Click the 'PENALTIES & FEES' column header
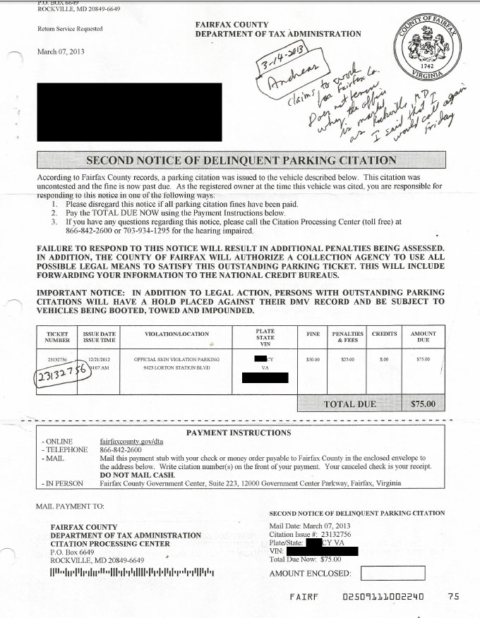pos(347,337)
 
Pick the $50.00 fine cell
pos(313,359)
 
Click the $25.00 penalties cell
pos(347,359)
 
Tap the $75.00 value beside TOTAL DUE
pos(424,404)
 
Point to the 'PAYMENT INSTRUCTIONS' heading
pos(238,432)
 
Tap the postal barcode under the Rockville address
pos(131,571)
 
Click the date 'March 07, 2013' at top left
pos(61,51)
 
